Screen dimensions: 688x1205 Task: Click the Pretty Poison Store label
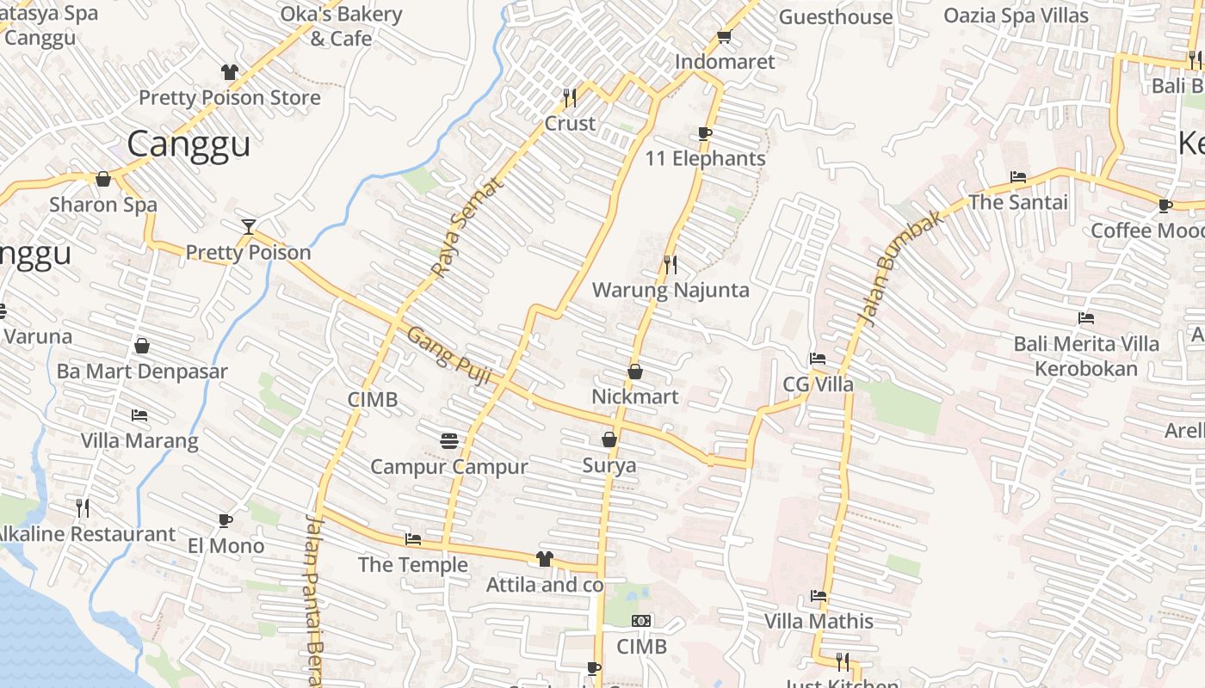[229, 98]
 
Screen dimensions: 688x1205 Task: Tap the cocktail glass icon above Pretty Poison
[249, 227]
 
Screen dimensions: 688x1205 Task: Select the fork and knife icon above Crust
[570, 97]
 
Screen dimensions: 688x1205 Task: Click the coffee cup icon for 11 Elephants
[704, 133]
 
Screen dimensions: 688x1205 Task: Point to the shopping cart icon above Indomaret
[724, 37]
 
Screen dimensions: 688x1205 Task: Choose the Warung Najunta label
[670, 291]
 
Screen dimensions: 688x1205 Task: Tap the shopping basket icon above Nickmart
[635, 372]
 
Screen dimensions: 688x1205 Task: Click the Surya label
[609, 466]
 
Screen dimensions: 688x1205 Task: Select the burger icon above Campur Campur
[448, 441]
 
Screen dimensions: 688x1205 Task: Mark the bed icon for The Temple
[413, 540]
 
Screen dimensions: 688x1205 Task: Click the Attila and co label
[544, 586]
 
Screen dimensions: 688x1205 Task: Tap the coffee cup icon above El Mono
[225, 520]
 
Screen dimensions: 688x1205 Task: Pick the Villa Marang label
[139, 441]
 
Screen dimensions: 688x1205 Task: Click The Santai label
[1017, 203]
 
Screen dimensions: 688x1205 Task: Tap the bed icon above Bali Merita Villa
[1085, 318]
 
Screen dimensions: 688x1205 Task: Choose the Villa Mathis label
[819, 622]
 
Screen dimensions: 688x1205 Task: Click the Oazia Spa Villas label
[1016, 15]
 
